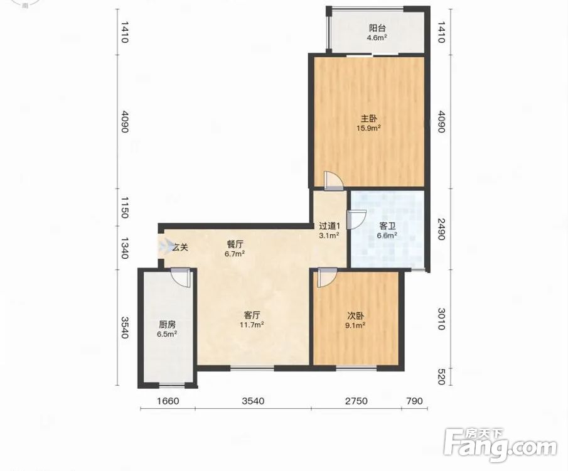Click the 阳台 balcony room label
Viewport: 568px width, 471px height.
coord(377,28)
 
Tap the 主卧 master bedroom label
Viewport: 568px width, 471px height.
coord(368,119)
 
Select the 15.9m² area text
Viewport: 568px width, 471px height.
coord(368,127)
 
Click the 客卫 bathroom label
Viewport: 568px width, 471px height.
coord(387,226)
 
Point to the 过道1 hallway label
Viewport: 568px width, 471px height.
coord(330,226)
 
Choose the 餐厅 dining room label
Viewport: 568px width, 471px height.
coord(235,244)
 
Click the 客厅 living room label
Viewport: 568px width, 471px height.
coord(252,315)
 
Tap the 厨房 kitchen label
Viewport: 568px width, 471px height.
coord(167,325)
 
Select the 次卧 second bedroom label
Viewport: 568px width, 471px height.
coord(355,316)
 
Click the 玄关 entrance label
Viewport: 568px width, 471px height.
coord(180,247)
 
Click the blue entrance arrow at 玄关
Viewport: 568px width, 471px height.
coord(165,247)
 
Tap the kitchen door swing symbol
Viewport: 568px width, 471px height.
coord(180,278)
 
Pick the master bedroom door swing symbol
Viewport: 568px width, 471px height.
coord(333,180)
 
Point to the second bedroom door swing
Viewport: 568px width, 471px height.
coord(327,278)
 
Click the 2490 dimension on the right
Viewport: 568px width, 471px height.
coord(441,229)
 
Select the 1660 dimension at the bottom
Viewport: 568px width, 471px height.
coord(168,401)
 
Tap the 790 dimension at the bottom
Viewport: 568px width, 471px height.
coord(414,401)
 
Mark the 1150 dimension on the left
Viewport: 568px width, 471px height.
coord(124,208)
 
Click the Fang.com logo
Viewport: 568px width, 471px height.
coord(500,445)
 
